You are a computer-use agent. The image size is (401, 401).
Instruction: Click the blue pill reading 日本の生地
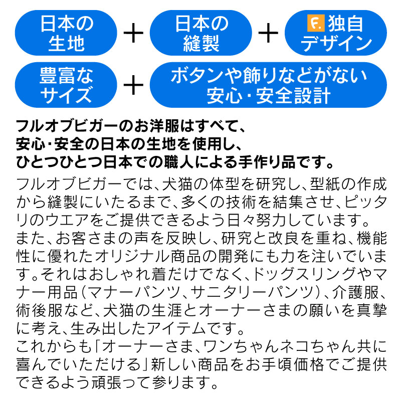click(x=66, y=33)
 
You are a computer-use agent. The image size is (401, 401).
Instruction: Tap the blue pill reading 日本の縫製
click(x=201, y=33)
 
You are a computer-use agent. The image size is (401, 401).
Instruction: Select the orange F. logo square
click(x=316, y=23)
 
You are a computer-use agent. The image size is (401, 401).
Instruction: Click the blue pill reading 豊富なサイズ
click(x=66, y=85)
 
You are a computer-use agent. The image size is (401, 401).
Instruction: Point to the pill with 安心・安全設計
click(x=268, y=85)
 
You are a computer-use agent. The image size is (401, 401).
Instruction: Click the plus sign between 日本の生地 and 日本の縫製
click(x=133, y=33)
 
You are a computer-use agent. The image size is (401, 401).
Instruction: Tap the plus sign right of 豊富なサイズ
click(x=133, y=85)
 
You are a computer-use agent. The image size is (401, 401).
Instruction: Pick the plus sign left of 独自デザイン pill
click(x=268, y=33)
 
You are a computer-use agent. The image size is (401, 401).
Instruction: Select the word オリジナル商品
click(x=147, y=256)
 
